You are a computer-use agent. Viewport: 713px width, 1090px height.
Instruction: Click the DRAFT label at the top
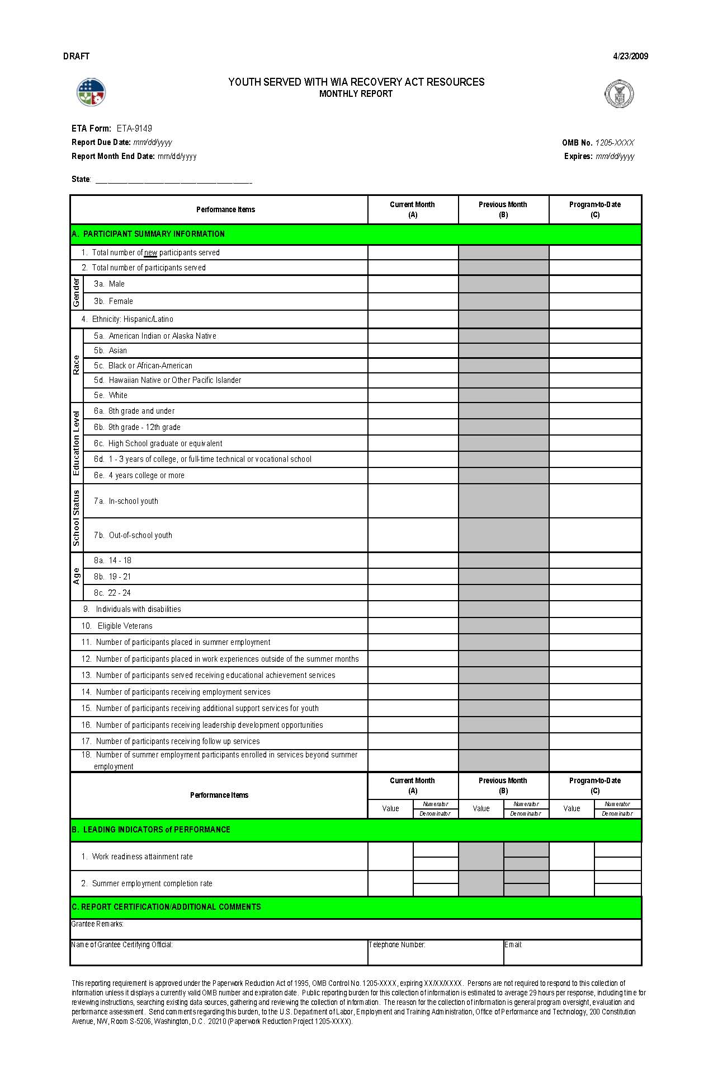coord(76,56)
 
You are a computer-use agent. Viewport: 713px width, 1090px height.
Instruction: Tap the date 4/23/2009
coord(630,56)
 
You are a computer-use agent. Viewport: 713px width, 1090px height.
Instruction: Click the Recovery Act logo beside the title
coord(91,92)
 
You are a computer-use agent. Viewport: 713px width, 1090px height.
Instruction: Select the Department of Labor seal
coord(619,94)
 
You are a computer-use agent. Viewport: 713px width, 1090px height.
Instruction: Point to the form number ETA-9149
coord(134,128)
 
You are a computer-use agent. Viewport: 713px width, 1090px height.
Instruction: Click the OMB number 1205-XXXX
coord(614,143)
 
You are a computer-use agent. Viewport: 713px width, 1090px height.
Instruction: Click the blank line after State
coord(173,181)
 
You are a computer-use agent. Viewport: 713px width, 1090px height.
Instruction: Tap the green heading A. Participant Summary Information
coord(148,234)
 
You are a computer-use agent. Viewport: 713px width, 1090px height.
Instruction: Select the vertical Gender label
coord(77,292)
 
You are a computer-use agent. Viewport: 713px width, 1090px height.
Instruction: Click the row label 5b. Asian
coord(111,350)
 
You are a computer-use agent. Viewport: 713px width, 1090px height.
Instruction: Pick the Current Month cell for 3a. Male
coord(413,284)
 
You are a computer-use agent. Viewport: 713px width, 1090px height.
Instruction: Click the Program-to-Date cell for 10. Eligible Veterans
coord(595,626)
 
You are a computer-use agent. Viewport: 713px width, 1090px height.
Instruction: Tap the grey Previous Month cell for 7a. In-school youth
coord(503,501)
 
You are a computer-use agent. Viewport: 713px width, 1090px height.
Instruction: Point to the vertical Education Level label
coord(77,443)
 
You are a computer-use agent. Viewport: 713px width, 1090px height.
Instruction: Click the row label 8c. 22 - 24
coord(112,593)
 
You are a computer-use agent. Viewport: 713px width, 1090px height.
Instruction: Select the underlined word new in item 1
coord(150,252)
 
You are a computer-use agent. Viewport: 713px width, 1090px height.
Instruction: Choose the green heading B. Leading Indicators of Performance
coord(151,830)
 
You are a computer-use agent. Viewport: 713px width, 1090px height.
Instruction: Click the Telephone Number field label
coord(397,944)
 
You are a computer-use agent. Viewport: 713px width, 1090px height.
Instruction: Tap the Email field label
coord(513,944)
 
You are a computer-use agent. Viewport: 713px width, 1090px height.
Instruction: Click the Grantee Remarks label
coord(97,924)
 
